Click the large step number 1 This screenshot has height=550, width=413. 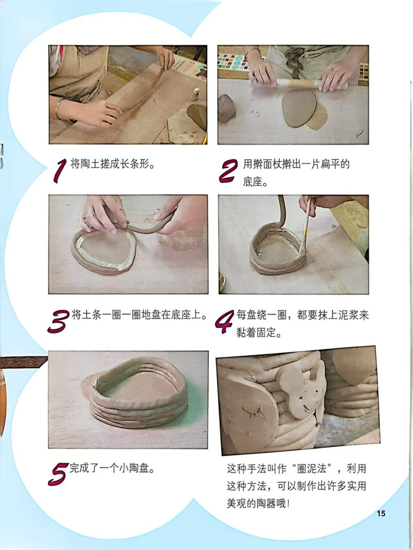coord(60,171)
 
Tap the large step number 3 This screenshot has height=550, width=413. coord(58,321)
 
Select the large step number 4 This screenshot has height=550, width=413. coord(225,322)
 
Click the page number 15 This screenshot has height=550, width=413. coord(381,513)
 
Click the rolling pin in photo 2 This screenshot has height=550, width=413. coord(298,84)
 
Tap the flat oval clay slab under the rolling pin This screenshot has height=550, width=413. coord(299,109)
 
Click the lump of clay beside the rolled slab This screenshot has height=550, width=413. coord(227,108)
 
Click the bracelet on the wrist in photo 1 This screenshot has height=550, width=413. coord(58,109)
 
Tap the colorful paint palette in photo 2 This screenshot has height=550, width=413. coord(232,62)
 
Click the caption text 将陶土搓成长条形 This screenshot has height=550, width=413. coord(113,164)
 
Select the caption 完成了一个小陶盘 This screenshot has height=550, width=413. coord(112,468)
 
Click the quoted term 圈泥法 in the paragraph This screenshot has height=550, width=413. coord(312,469)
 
